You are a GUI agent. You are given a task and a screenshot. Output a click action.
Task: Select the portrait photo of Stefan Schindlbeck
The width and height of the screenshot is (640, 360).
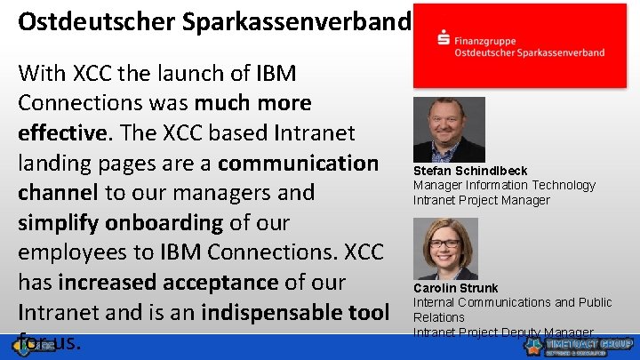449,128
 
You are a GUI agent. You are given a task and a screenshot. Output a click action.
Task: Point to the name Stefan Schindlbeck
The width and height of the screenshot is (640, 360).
470,171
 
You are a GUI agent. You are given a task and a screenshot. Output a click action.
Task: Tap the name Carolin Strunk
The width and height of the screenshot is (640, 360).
456,288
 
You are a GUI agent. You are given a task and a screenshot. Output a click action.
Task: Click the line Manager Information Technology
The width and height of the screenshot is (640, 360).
504,185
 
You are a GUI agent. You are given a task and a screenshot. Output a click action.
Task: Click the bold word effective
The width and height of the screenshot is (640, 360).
60,132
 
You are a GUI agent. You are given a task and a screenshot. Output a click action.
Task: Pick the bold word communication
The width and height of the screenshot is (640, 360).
298,163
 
